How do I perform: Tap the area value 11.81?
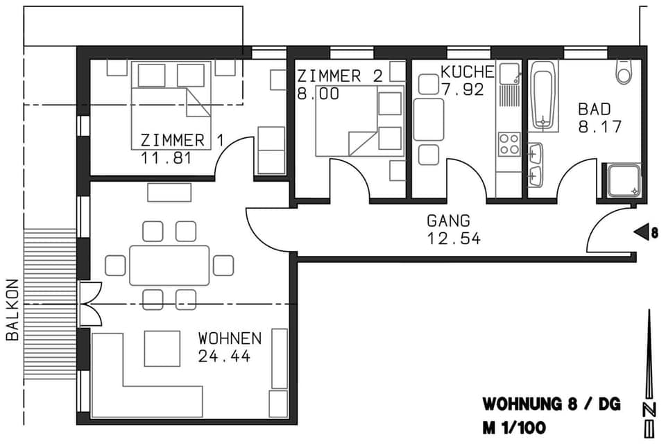pyautogui.click(x=166, y=157)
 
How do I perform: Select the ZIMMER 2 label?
pyautogui.click(x=339, y=76)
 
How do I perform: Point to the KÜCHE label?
pyautogui.click(x=468, y=72)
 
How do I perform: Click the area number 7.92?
pyautogui.click(x=462, y=89)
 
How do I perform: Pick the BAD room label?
pyautogui.click(x=595, y=110)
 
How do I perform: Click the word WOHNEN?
pyautogui.click(x=230, y=339)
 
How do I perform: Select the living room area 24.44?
pyautogui.click(x=224, y=356)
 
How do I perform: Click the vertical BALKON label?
pyautogui.click(x=12, y=309)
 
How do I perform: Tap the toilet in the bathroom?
pyautogui.click(x=624, y=71)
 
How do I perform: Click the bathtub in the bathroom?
pyautogui.click(x=544, y=96)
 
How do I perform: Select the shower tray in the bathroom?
pyautogui.click(x=622, y=180)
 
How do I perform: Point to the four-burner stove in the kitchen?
pyautogui.click(x=509, y=144)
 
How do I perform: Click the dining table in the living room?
pyautogui.click(x=169, y=265)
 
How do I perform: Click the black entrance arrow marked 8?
pyautogui.click(x=642, y=233)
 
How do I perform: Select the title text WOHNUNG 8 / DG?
pyautogui.click(x=552, y=404)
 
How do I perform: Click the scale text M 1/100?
pyautogui.click(x=514, y=428)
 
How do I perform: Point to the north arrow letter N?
pyautogui.click(x=649, y=409)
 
